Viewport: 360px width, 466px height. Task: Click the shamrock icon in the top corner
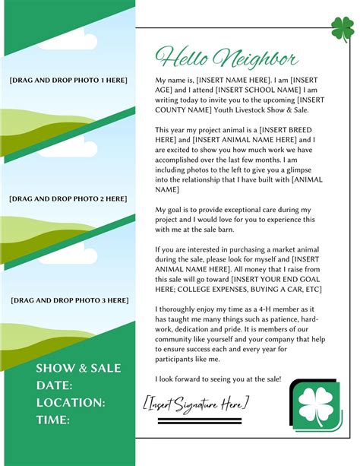coord(343,29)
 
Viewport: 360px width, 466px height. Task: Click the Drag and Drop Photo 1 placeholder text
coord(68,81)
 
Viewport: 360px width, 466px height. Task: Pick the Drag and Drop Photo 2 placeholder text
coord(68,198)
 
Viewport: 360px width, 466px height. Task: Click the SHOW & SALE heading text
coord(78,369)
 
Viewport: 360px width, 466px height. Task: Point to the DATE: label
coord(54,385)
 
